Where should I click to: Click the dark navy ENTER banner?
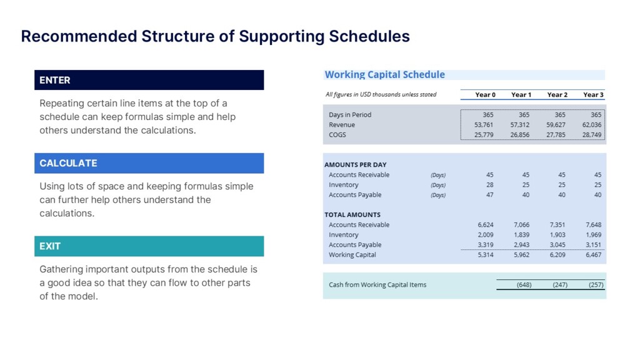pos(149,80)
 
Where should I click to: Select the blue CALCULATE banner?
pos(149,163)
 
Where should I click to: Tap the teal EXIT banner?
pos(149,246)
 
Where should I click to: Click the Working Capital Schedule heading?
pos(384,75)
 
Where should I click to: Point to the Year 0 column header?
pos(485,95)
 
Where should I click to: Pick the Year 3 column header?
pos(593,95)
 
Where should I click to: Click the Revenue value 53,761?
pos(484,125)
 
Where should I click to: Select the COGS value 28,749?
pos(592,135)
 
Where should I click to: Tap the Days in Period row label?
pos(350,115)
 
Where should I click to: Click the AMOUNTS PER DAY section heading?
pos(355,165)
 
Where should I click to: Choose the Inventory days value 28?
pos(489,185)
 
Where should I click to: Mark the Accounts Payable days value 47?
pos(489,195)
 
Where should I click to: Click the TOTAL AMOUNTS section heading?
pos(352,215)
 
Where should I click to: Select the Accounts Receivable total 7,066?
pos(521,225)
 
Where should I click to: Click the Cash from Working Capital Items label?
pos(377,285)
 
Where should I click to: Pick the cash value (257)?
pos(596,285)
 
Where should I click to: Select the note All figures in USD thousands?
pos(381,95)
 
